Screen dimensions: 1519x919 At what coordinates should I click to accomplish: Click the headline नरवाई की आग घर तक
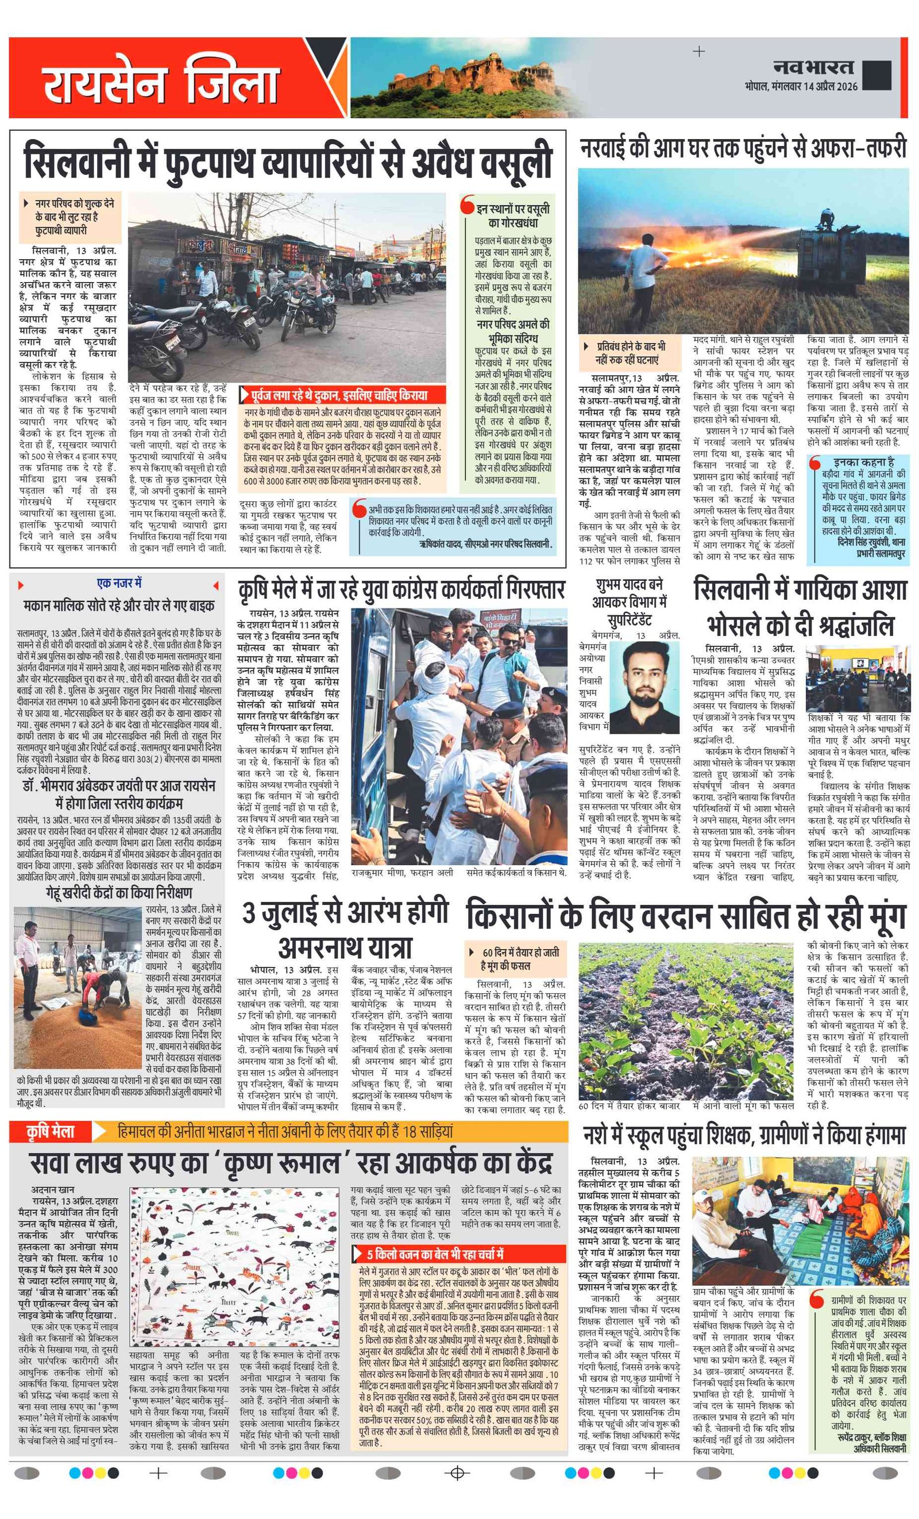pos(743,149)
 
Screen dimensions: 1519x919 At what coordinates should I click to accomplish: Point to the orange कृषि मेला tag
pos(51,1131)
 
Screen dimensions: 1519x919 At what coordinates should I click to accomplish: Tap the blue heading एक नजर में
pos(119,583)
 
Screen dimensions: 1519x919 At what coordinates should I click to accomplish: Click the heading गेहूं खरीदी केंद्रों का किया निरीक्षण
pos(119,892)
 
